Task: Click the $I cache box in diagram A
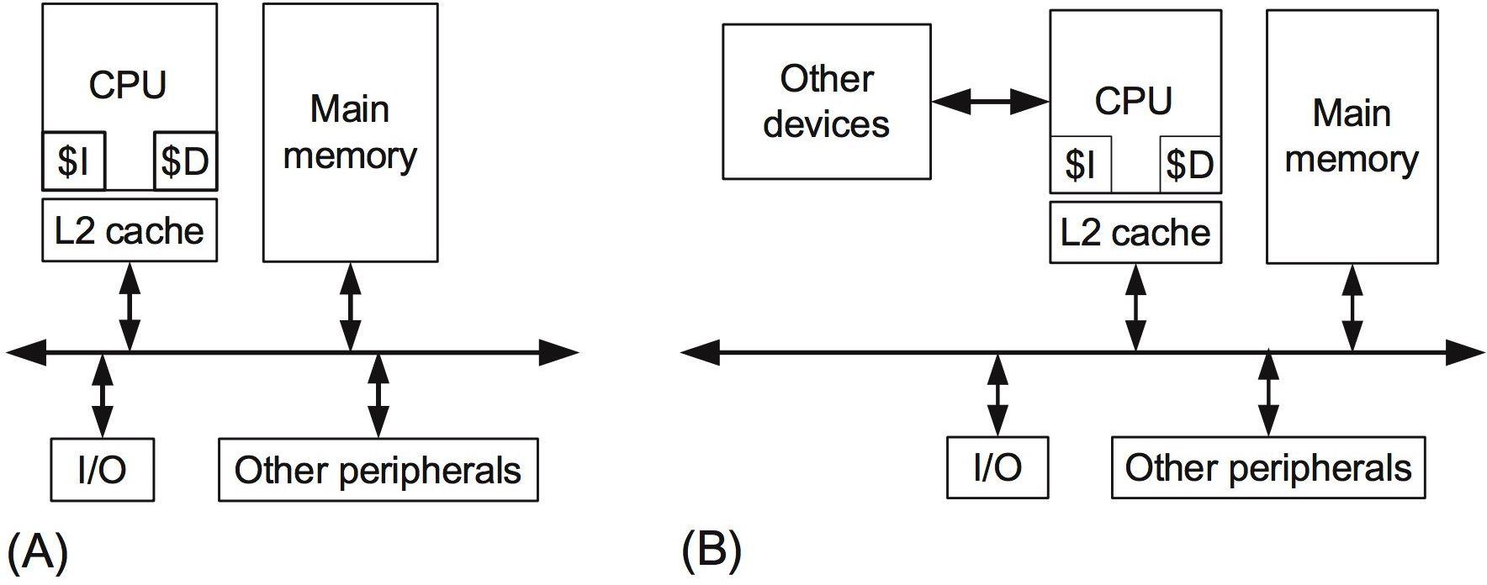click(x=74, y=161)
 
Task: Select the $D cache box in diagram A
click(x=186, y=161)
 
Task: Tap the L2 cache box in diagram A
click(x=130, y=229)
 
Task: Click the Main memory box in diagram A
click(x=350, y=133)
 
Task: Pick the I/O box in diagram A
click(x=103, y=469)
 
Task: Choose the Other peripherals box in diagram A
click(x=378, y=469)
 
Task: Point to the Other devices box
click(x=827, y=102)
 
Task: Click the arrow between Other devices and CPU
click(x=991, y=103)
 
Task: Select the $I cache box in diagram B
click(x=1081, y=164)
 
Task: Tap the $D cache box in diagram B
click(x=1190, y=164)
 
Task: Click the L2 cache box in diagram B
click(x=1135, y=232)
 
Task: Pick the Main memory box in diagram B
click(x=1352, y=136)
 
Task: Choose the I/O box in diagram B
click(x=998, y=467)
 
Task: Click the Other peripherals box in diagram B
click(x=1268, y=467)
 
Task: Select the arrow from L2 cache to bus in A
click(x=130, y=307)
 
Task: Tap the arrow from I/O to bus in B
click(x=998, y=394)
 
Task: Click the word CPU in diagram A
click(x=128, y=85)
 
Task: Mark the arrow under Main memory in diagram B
click(x=1352, y=308)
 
